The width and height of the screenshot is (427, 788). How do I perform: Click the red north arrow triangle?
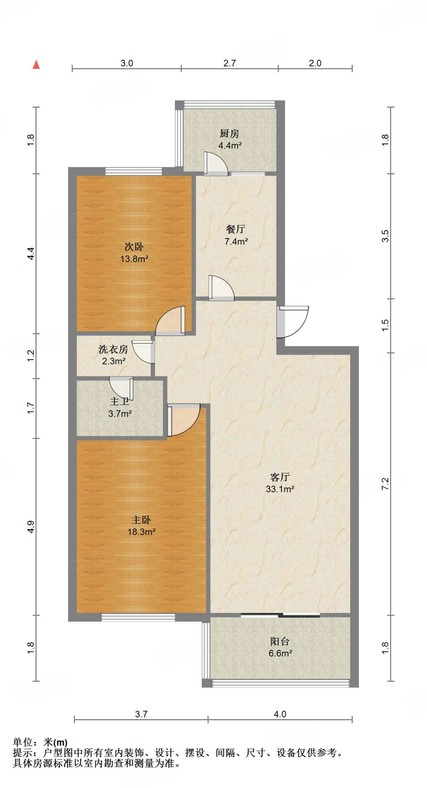[36, 65]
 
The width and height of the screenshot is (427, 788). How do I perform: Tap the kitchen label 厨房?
[229, 134]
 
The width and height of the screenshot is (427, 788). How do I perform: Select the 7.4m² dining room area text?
[236, 242]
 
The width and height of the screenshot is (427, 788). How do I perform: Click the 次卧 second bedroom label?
[134, 247]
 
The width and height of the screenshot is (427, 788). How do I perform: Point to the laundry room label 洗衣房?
[113, 349]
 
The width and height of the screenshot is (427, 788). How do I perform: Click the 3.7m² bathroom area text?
[120, 414]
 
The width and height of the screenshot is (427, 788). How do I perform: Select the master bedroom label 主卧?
[141, 520]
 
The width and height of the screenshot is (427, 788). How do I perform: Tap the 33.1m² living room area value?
[280, 489]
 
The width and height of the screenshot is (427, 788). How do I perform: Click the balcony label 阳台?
[279, 641]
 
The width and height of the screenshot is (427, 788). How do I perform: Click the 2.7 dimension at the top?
[229, 63]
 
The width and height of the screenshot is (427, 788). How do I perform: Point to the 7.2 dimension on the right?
[385, 484]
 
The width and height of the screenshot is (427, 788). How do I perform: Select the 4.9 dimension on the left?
[31, 527]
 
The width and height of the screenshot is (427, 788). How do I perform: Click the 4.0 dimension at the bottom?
[280, 714]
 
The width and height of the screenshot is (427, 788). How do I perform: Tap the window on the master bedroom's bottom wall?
[138, 617]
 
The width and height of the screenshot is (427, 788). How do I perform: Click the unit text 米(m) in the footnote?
[55, 742]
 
